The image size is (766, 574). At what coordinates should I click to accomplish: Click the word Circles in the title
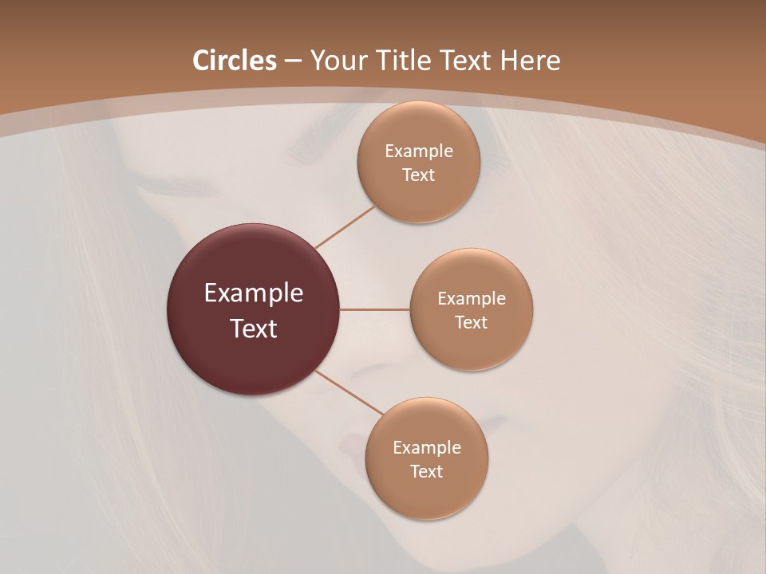coord(234,61)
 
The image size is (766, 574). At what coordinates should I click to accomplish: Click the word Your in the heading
coord(338,61)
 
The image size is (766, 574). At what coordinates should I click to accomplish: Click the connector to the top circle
coord(345,226)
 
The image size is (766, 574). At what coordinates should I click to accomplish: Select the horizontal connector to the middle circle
coord(374,309)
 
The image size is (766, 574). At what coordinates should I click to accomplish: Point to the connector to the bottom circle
coord(349,392)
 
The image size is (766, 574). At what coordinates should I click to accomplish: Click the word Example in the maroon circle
coord(254,293)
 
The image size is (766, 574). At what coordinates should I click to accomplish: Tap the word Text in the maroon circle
coord(254,328)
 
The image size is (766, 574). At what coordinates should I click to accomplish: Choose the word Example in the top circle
coord(419,151)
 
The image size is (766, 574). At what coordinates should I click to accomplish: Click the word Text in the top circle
coord(418,175)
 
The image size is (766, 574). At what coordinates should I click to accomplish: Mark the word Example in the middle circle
coord(472,299)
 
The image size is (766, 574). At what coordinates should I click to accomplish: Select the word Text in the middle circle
coord(471,322)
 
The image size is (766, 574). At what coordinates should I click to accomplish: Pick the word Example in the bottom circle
coord(427,448)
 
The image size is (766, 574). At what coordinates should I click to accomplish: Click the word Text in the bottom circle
coord(426,471)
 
